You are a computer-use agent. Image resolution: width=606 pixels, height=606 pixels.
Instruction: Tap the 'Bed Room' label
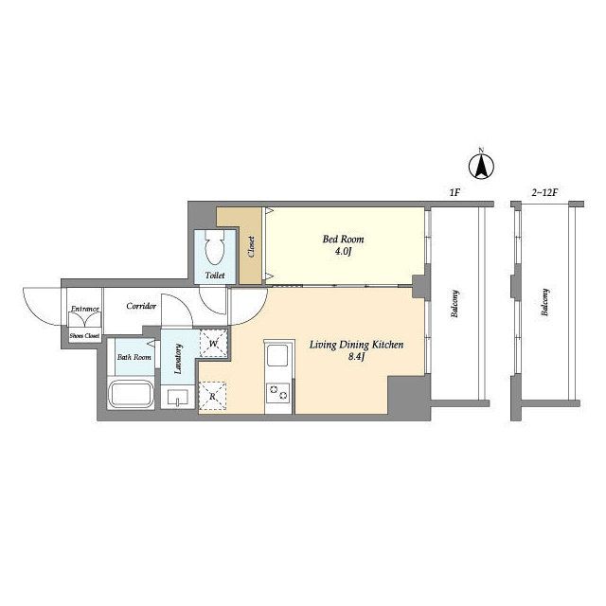pyautogui.click(x=343, y=240)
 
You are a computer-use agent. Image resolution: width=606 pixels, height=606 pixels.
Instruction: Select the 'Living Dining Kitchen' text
pyautogui.click(x=356, y=345)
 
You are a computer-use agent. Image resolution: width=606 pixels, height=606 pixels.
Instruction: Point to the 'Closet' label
pyautogui.click(x=251, y=247)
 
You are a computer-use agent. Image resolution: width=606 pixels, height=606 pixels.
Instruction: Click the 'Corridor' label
pyautogui.click(x=141, y=306)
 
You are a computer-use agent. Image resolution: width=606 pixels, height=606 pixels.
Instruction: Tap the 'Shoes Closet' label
pyautogui.click(x=84, y=336)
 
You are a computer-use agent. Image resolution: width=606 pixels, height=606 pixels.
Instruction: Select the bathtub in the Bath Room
pyautogui.click(x=131, y=394)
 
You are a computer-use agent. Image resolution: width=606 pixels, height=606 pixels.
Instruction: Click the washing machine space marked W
pyautogui.click(x=214, y=343)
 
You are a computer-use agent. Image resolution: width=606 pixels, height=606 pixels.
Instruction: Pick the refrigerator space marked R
pyautogui.click(x=212, y=396)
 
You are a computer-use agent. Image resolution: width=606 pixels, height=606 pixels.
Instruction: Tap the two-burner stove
pyautogui.click(x=277, y=392)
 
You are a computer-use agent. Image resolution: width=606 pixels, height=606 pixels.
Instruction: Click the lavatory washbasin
pyautogui.click(x=177, y=398)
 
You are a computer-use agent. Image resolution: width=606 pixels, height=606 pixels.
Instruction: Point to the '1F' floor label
pyautogui.click(x=454, y=192)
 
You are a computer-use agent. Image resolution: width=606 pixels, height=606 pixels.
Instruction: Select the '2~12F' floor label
pyautogui.click(x=545, y=192)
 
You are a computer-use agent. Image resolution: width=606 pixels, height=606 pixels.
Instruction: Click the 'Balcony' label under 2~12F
pyautogui.click(x=545, y=302)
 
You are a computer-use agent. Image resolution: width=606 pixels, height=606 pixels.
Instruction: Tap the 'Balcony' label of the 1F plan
pyautogui.click(x=454, y=304)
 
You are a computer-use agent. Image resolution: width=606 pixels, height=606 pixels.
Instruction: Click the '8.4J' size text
pyautogui.click(x=357, y=357)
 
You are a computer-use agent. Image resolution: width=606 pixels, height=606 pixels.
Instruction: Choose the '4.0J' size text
pyautogui.click(x=343, y=252)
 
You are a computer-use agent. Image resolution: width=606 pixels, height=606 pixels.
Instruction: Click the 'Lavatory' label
pyautogui.click(x=178, y=359)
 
